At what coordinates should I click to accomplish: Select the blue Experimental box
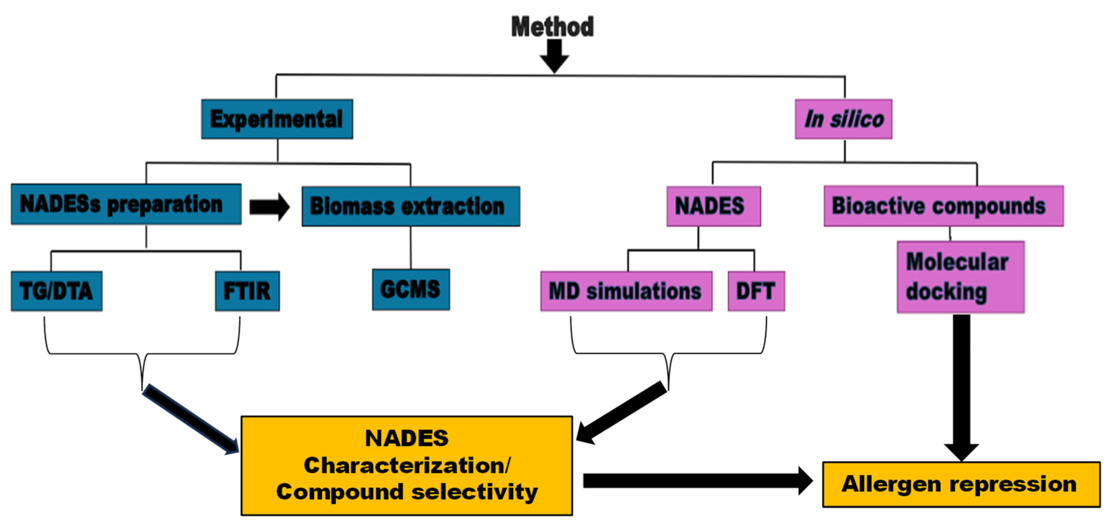click(277, 119)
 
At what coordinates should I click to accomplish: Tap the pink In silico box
click(843, 119)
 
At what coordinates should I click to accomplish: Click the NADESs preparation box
click(126, 204)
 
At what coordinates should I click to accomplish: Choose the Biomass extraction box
click(411, 206)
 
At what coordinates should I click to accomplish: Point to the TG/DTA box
click(57, 291)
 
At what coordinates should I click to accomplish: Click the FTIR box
click(247, 291)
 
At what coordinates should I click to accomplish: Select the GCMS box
click(411, 289)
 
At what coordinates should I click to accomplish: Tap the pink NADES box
click(713, 206)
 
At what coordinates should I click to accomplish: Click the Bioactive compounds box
click(943, 206)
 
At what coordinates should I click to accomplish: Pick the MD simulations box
click(626, 291)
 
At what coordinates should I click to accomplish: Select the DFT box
click(756, 291)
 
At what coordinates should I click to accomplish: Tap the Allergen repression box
click(961, 484)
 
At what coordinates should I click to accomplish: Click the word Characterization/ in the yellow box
click(406, 466)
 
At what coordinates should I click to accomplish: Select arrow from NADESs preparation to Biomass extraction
click(269, 207)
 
